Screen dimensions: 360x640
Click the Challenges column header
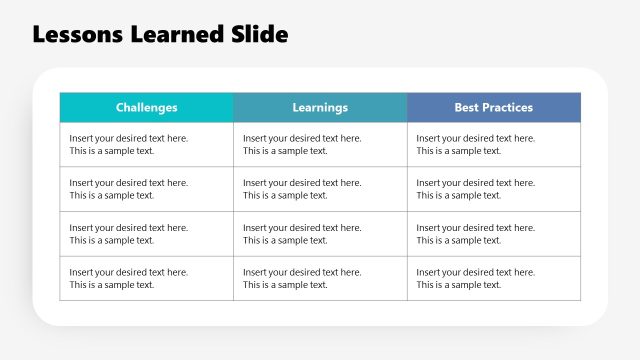(146, 107)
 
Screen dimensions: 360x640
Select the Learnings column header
(320, 107)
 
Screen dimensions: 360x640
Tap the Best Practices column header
(493, 107)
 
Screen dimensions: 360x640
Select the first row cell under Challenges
(146, 145)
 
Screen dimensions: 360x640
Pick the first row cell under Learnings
(320, 145)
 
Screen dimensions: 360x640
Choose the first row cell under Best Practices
(493, 145)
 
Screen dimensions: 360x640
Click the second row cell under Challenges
(146, 189)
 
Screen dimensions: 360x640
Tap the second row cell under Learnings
(320, 189)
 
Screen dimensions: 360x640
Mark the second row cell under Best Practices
(493, 189)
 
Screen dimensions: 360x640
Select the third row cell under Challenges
(146, 234)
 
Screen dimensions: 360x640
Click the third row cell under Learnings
(320, 234)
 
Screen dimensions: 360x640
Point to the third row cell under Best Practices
(493, 234)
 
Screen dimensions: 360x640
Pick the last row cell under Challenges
(146, 278)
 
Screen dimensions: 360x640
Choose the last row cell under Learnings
(320, 278)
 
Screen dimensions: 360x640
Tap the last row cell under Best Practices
(493, 278)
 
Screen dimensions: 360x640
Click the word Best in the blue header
(466, 107)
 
